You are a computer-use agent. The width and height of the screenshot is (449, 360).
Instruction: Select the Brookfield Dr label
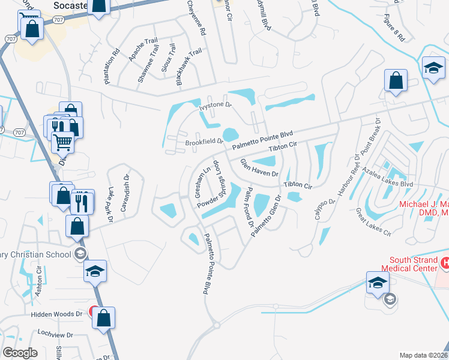coord(204,142)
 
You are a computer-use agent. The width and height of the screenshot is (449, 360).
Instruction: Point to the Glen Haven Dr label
coord(260,167)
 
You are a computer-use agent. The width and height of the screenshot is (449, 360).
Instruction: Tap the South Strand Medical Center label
coord(409,264)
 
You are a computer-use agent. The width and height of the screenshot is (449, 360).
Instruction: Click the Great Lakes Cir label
coord(373,221)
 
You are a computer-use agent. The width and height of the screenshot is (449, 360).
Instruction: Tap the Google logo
coord(20,353)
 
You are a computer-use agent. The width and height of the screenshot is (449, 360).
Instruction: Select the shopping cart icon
coord(63,143)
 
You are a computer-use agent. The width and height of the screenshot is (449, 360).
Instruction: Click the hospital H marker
coord(445,262)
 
